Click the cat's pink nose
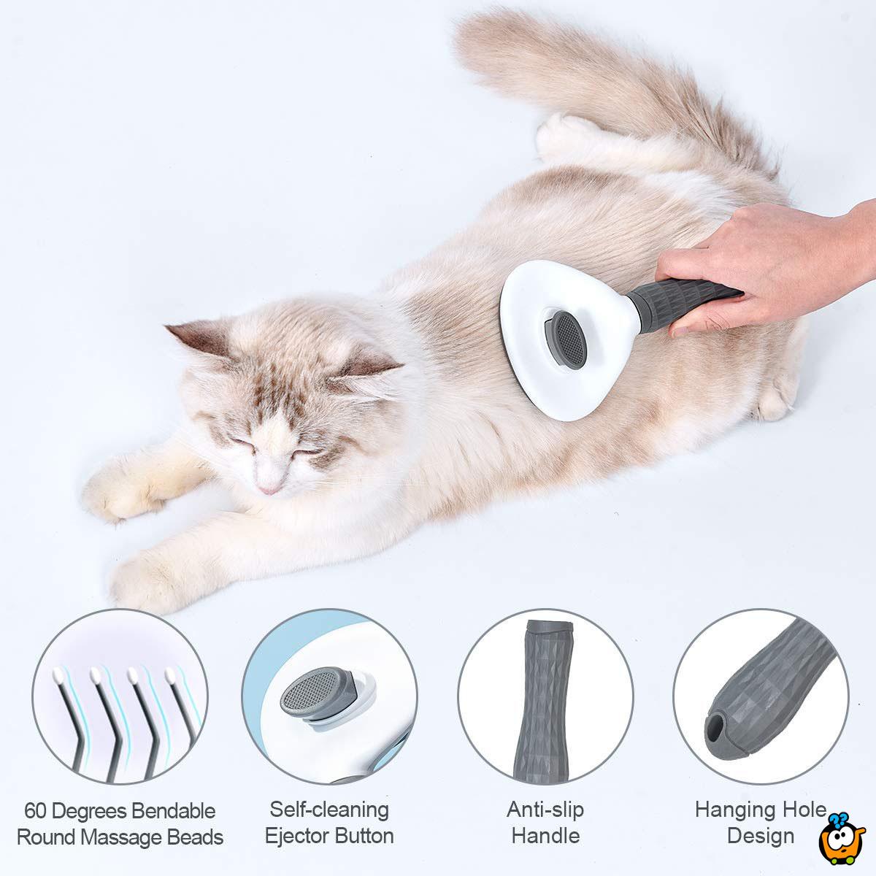[269, 487]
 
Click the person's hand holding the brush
[766, 263]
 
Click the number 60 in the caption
[37, 811]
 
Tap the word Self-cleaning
[329, 809]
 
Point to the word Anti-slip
[545, 809]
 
